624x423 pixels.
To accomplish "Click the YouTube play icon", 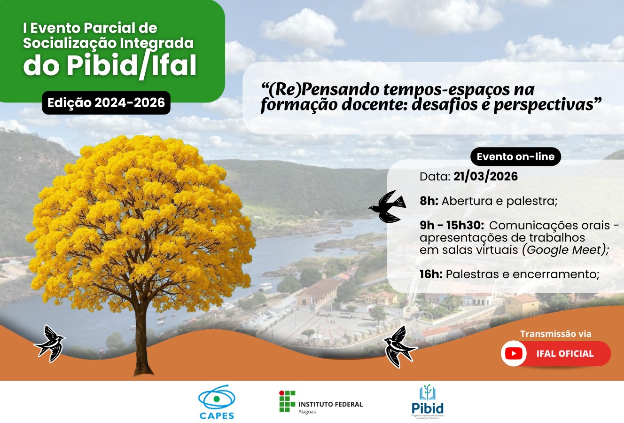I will click(514, 353).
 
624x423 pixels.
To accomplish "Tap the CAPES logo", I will click(216, 402).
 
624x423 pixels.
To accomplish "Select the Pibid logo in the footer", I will click(427, 402).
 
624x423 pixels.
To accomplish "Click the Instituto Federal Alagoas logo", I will click(320, 402).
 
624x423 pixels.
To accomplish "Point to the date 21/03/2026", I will click(485, 177).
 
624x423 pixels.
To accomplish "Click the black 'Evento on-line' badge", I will click(515, 157).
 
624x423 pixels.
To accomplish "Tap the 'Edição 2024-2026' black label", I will click(106, 103).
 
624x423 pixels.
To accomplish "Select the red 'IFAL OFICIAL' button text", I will click(565, 353).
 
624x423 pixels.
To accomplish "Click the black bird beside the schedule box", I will click(388, 206).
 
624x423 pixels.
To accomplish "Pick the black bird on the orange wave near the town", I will click(399, 346).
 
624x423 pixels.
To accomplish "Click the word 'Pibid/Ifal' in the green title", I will click(131, 66).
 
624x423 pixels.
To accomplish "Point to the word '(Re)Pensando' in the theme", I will click(320, 89).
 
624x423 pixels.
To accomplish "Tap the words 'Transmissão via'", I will click(555, 334).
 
